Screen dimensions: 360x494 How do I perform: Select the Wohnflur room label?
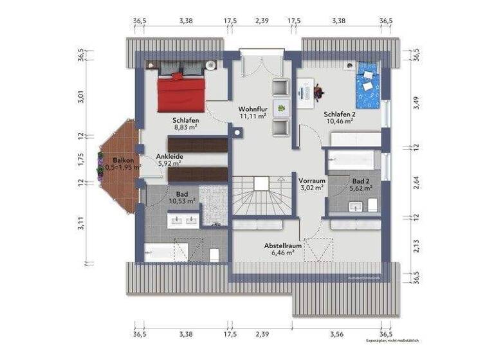tap(253, 109)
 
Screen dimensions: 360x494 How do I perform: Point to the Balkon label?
tap(123, 160)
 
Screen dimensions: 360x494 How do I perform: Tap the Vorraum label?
tap(312, 181)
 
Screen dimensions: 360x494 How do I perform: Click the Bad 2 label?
tap(361, 181)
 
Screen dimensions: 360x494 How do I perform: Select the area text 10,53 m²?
tap(181, 201)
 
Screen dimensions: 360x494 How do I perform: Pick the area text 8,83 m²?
tap(185, 127)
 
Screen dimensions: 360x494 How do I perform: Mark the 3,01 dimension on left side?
tap(82, 97)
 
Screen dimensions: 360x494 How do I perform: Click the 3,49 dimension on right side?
tap(416, 102)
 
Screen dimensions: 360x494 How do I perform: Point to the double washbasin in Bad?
tap(182, 221)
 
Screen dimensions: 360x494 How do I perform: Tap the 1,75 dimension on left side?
tap(82, 159)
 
